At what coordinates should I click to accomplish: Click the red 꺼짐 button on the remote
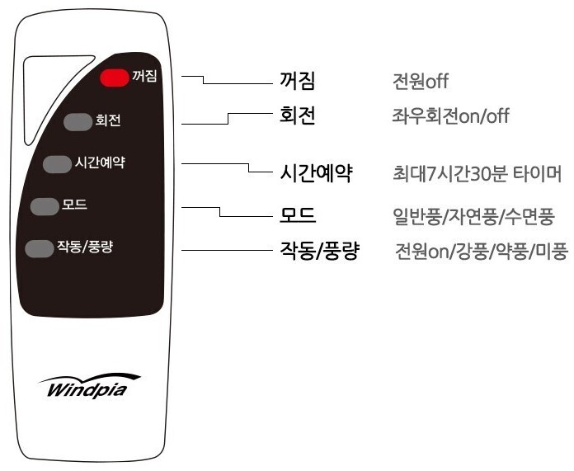[x=115, y=78]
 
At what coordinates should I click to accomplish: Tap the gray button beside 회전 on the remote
[x=78, y=122]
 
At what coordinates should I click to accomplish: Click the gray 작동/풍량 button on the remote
[x=38, y=247]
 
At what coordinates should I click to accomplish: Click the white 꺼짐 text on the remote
[x=144, y=78]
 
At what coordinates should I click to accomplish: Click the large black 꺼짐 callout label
[x=299, y=81]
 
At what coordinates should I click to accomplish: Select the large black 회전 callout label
[x=299, y=115]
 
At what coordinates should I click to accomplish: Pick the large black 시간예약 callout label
[x=317, y=173]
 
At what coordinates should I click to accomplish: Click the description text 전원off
[x=421, y=82]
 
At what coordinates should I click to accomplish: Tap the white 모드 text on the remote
[x=74, y=205]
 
